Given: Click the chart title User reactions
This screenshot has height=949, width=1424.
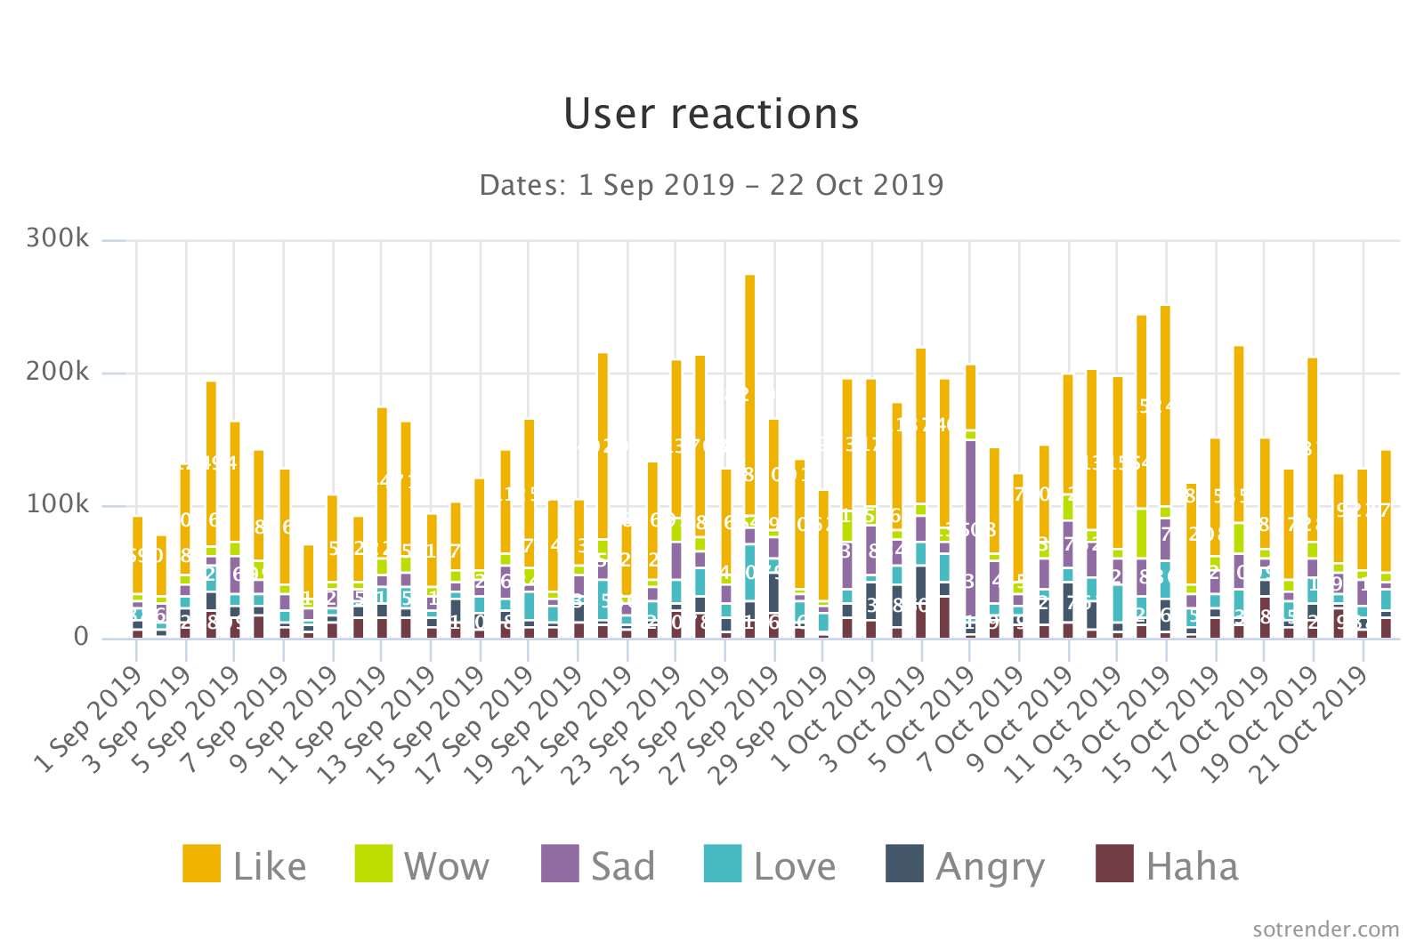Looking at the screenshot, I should click(x=711, y=114).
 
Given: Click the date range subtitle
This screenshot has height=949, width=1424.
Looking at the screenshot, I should click(x=711, y=185).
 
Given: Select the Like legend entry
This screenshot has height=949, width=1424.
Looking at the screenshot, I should click(x=245, y=865).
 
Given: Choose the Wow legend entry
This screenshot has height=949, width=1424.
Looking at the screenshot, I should click(x=422, y=865).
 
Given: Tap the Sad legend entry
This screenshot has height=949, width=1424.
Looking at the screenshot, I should click(x=598, y=865).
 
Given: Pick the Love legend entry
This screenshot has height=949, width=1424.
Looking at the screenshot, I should click(x=770, y=865).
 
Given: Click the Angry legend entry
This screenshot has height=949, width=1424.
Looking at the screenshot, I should click(x=966, y=865).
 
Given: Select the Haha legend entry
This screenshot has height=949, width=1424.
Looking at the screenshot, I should click(x=1168, y=865).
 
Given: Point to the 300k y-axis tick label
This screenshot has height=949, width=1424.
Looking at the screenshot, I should click(x=58, y=238).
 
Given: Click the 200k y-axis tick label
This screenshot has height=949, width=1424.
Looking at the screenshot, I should click(x=58, y=372).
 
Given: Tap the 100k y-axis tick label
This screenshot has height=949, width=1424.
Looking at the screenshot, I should click(x=58, y=505).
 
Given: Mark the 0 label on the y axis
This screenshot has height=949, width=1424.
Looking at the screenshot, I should click(x=81, y=637).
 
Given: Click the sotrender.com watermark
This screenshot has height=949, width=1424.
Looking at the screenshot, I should click(x=1325, y=929).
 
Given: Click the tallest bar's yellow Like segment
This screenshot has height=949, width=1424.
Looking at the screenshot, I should click(x=750, y=391).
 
